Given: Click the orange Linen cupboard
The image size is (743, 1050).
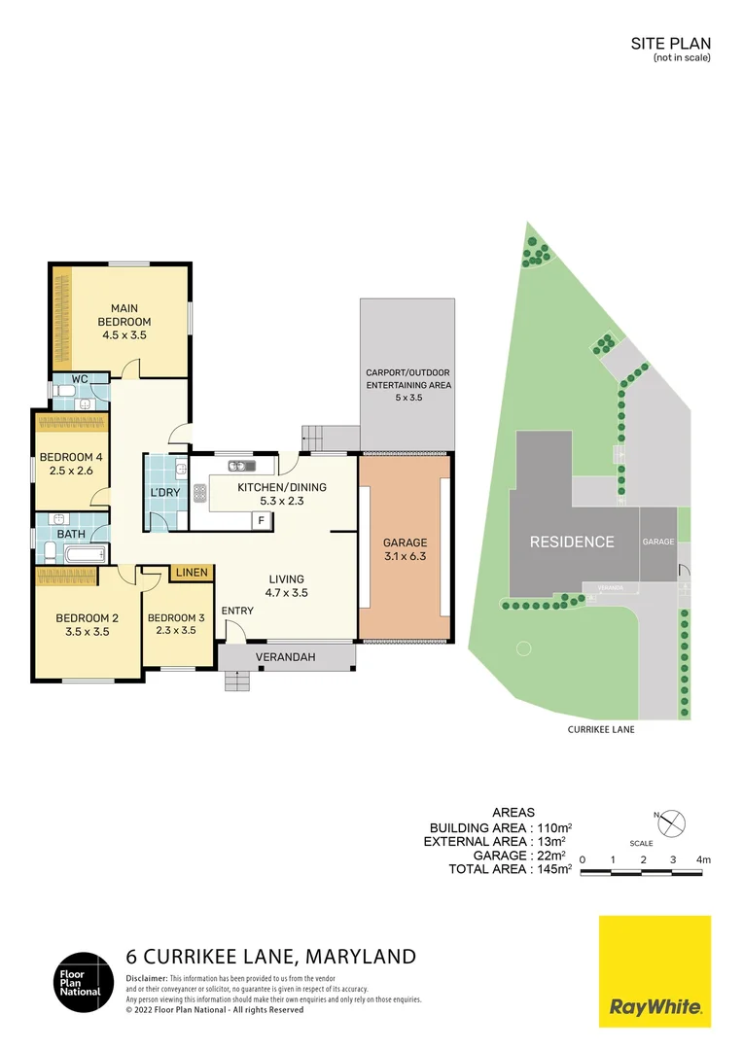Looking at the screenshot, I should click(x=192, y=573).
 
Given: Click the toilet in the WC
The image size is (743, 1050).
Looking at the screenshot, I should click(x=61, y=392).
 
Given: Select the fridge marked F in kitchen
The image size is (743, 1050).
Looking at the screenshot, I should click(x=261, y=520).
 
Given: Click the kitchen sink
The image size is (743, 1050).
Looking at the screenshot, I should click(x=241, y=465).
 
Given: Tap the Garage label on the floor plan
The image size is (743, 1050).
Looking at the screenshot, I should click(x=405, y=543).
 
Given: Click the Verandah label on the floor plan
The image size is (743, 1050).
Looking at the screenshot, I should click(x=285, y=658).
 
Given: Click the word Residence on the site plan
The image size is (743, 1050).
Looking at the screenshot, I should click(x=572, y=542).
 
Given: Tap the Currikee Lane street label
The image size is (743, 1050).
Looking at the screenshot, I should click(x=601, y=728).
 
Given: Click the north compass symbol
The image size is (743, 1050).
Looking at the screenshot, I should click(x=671, y=823).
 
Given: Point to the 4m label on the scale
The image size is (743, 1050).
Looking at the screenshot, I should click(x=703, y=859).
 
